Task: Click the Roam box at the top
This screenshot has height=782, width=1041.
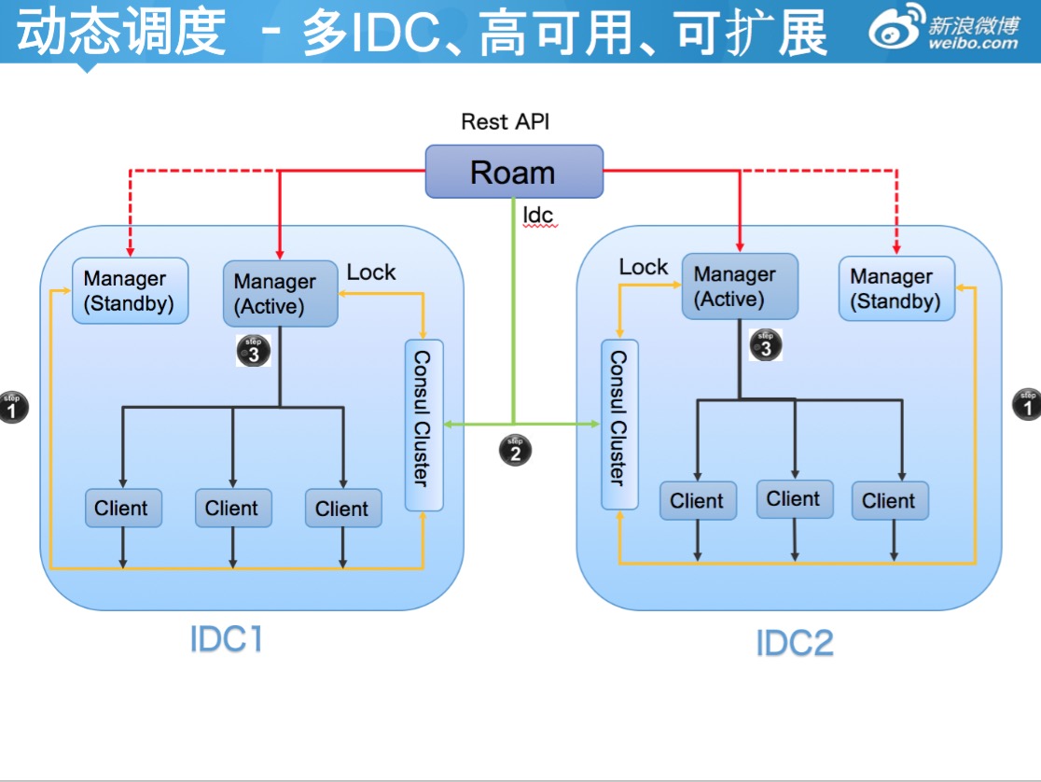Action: tap(514, 172)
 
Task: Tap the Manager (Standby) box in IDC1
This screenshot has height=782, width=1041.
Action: tap(130, 291)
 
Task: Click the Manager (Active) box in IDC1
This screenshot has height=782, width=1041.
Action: tap(280, 293)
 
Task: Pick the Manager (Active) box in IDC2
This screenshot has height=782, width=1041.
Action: tap(740, 286)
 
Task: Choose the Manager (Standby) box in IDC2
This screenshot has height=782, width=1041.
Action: tap(896, 289)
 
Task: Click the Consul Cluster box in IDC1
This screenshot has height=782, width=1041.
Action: tap(423, 426)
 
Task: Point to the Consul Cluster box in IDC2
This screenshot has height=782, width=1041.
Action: tap(619, 426)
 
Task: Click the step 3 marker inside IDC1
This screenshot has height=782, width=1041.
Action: tap(254, 351)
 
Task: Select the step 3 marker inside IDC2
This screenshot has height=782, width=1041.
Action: tap(766, 345)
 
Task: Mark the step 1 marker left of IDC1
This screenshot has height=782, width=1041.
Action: tap(13, 407)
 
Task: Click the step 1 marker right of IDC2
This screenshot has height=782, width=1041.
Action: tap(1027, 403)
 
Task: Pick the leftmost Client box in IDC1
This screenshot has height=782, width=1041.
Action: tap(122, 509)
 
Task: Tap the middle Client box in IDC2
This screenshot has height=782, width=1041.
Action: tap(794, 499)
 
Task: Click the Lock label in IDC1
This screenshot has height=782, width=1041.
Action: tap(371, 272)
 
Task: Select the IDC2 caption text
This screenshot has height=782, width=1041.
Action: tap(795, 644)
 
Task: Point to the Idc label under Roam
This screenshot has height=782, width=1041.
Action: tap(538, 216)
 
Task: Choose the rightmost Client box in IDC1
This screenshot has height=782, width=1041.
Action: tap(342, 509)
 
